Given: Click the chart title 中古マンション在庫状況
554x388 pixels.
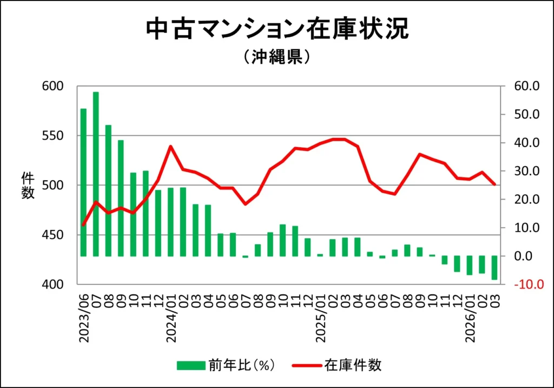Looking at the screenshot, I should [277, 30].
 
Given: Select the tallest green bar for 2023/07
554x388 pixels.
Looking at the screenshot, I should [96, 173].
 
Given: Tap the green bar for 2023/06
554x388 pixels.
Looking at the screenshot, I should [83, 182].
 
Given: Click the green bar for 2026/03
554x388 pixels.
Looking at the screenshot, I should [494, 267].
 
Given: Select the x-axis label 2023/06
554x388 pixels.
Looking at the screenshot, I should [84, 319].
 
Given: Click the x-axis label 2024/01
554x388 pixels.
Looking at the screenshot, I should [171, 319].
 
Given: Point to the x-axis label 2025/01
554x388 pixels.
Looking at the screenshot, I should [320, 319].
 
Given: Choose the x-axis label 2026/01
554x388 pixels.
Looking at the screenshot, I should [470, 319].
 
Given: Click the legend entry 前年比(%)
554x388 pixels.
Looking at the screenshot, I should [227, 365].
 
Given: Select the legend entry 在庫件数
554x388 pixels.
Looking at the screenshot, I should [338, 365].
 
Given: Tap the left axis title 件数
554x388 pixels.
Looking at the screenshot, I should [28, 185].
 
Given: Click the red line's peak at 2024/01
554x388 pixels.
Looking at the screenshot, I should [170, 146].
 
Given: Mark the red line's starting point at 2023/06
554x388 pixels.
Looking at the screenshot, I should [83, 225].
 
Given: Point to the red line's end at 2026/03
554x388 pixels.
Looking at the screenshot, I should [494, 185].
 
